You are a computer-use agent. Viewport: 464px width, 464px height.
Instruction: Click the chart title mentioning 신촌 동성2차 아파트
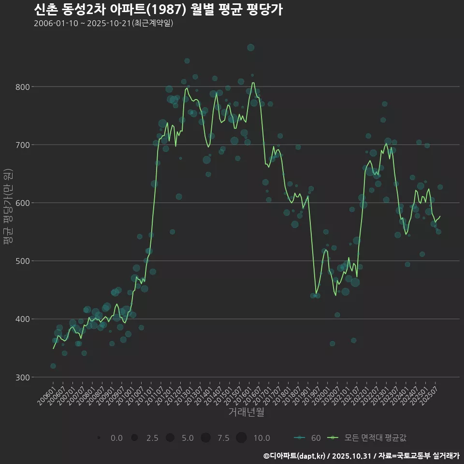click(159, 10)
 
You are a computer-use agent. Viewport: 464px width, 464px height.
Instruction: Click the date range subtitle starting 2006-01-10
click(103, 23)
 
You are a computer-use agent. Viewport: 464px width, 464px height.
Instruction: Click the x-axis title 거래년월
click(246, 412)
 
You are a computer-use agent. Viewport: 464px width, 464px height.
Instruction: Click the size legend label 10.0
click(261, 438)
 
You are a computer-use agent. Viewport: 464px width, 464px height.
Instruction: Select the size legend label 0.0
click(116, 438)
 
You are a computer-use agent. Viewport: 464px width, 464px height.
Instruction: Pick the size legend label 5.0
click(188, 438)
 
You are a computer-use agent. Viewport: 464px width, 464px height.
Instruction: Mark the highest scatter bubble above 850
click(250, 47)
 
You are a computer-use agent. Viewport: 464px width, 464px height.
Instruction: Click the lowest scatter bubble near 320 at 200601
click(53, 366)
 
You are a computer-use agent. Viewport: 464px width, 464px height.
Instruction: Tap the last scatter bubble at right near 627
click(440, 187)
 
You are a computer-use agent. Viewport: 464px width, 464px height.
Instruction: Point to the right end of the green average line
click(440, 217)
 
